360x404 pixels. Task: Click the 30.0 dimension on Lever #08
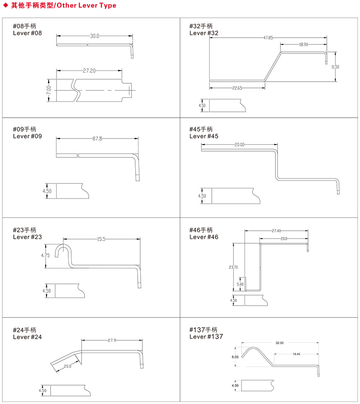coord(94,36)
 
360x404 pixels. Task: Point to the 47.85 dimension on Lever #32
coord(268,38)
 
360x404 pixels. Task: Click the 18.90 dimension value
coord(303,44)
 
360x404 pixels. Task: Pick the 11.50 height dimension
coord(335,67)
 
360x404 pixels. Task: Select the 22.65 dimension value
coord(237,88)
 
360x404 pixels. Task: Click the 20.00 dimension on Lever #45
coord(239,145)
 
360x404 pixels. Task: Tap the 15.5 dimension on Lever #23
coord(101,239)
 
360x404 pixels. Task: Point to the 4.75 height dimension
coord(46,255)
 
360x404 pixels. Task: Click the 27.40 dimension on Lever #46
coord(276,231)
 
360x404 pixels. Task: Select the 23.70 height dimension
coord(234,267)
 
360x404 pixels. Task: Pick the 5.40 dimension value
coord(240,284)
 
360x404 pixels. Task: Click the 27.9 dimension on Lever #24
coord(112,340)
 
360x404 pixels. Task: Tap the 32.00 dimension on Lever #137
coord(279,343)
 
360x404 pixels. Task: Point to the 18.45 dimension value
coord(296,354)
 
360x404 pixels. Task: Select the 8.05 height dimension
coord(235,357)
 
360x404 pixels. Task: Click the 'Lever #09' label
coord(27,136)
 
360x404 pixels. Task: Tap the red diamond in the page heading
coord(5,6)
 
